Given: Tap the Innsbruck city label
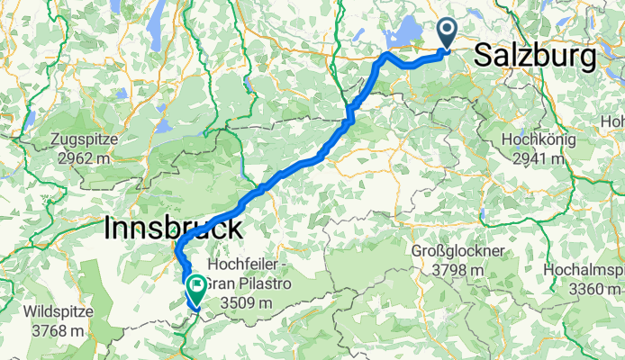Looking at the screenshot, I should tap(173, 228).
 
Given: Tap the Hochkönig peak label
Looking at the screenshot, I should tap(535, 141).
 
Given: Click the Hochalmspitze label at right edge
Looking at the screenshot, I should tap(585, 269).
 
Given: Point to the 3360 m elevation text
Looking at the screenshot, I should tap(585, 288).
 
